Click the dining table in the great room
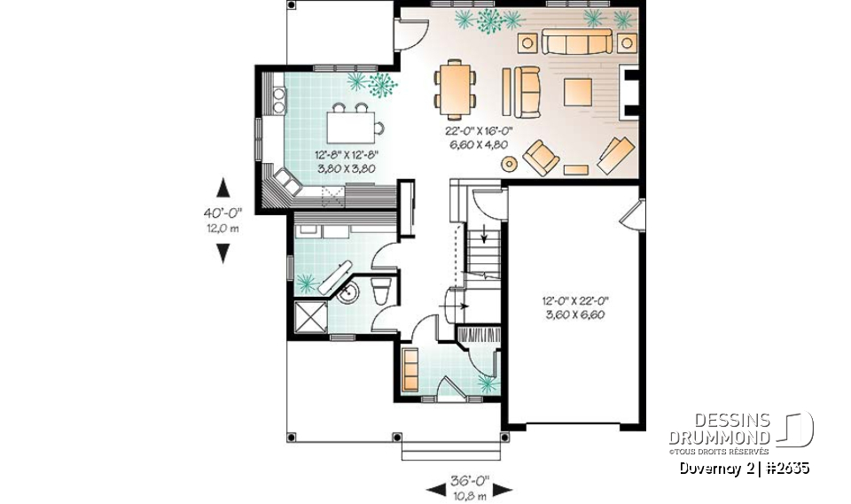click(455, 88)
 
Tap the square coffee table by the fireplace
click(578, 91)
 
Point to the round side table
click(510, 163)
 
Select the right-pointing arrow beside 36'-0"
click(503, 488)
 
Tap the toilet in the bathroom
click(381, 291)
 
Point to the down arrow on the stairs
click(484, 236)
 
